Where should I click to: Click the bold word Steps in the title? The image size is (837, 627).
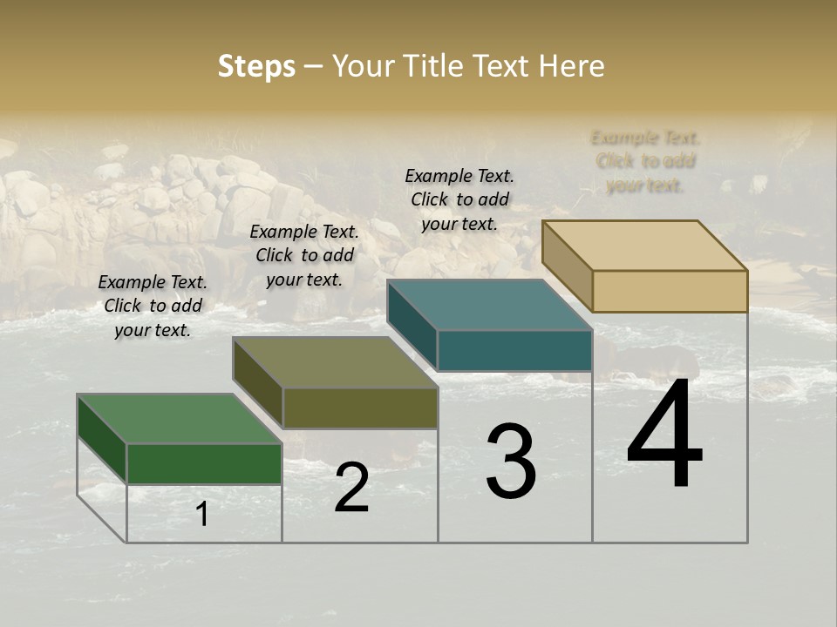click(256, 66)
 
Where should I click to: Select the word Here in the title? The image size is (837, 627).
click(571, 66)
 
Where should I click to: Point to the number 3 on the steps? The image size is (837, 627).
click(511, 462)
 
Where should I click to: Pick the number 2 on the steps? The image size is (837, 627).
click(351, 488)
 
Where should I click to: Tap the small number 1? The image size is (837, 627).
click(202, 515)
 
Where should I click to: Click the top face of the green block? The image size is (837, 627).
click(180, 419)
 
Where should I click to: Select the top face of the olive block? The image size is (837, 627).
click(335, 362)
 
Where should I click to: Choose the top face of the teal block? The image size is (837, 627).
click(490, 306)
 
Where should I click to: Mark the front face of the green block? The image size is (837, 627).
click(204, 463)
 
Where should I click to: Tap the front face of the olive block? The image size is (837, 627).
click(360, 408)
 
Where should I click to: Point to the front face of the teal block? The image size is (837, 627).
click(514, 350)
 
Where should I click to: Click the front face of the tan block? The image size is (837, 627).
click(670, 291)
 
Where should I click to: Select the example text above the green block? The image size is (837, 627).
click(153, 306)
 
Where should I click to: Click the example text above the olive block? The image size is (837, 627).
click(304, 255)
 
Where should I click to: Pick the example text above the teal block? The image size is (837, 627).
click(459, 199)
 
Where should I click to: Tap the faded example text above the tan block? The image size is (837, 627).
click(645, 161)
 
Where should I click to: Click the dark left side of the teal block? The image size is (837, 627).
click(412, 324)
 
